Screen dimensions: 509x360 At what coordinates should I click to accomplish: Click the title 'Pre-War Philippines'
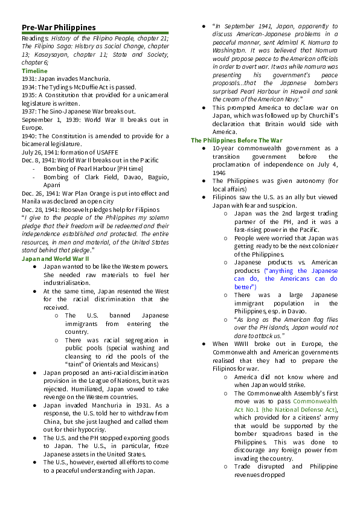59,27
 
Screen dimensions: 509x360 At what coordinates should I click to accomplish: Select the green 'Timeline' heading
34,71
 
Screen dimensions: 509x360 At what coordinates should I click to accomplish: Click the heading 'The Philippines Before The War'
237,140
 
